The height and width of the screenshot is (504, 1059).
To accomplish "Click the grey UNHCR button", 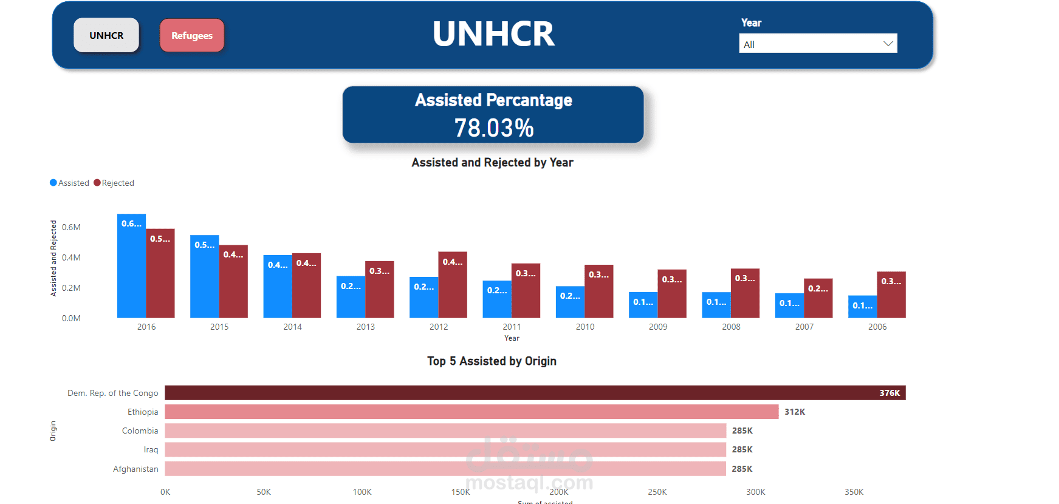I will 106,35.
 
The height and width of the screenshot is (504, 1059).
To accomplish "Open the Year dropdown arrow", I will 888,44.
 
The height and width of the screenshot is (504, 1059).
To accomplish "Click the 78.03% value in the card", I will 493,128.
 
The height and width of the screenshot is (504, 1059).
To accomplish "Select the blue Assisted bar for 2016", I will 131,267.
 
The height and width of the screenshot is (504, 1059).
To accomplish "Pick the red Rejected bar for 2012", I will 453,285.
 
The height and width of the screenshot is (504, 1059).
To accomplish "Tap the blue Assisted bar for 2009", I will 643,305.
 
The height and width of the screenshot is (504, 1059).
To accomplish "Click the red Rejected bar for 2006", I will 891,295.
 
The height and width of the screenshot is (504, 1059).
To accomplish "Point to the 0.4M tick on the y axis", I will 71,257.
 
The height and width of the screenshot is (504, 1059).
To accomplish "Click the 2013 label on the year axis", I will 366,327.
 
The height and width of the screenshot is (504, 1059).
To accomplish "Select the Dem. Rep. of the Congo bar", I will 535,393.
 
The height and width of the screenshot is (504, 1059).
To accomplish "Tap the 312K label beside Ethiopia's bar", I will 794,412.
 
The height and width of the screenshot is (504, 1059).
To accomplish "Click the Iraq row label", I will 151,449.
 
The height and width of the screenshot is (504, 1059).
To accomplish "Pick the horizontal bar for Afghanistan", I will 445,469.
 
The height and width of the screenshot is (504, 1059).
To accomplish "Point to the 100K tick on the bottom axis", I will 362,492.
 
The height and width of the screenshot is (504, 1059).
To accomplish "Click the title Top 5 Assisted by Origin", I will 492,361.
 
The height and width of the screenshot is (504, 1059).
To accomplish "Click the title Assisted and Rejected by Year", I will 492,163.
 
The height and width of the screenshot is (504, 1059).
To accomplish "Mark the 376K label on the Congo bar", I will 889,393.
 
